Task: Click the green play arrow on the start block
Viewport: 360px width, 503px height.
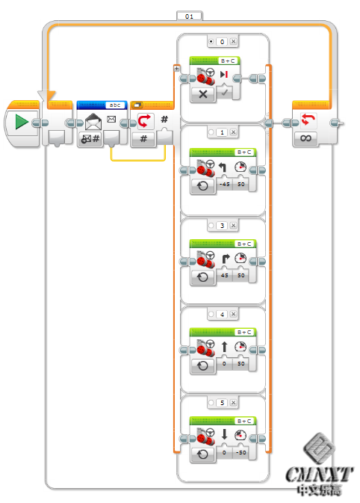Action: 22,121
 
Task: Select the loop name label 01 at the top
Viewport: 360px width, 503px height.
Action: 189,14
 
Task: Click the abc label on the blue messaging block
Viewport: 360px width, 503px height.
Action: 114,105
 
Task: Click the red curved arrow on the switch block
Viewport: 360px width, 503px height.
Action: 145,120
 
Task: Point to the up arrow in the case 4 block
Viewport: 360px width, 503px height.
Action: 225,347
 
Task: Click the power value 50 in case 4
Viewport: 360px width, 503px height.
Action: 241,365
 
